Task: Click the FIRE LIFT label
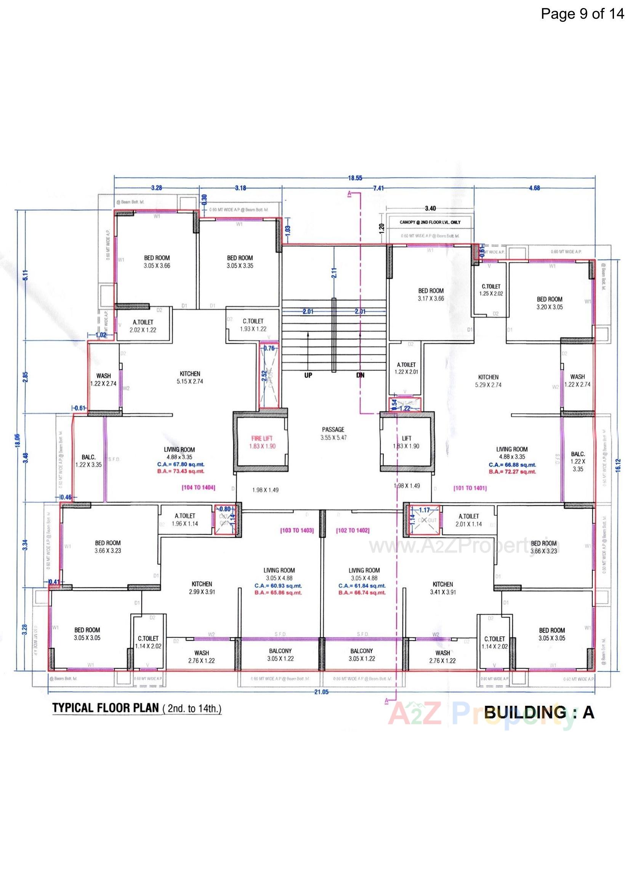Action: (262, 438)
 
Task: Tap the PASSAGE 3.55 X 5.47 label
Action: (333, 433)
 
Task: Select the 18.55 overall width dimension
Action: (355, 178)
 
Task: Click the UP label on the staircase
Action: (308, 375)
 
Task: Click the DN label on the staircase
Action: (360, 375)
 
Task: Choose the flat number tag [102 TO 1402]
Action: (353, 530)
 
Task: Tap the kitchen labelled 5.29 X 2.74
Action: (488, 381)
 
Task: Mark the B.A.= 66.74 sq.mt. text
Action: (362, 593)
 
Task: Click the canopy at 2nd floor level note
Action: (430, 222)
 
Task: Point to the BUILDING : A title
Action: (539, 713)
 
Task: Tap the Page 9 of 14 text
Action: (582, 14)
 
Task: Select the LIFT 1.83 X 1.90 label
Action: (406, 442)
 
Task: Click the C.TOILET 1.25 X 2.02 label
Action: (491, 290)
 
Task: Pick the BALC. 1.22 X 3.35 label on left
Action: (88, 461)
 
